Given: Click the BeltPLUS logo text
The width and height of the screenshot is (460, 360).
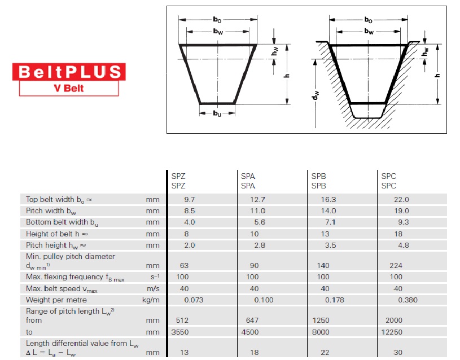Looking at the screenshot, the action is (69, 72).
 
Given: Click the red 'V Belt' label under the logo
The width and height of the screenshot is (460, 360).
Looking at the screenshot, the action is (69, 88).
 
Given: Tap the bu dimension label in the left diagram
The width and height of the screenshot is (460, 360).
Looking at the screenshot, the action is (217, 113).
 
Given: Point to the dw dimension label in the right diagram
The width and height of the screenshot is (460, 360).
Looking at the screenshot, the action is (316, 95).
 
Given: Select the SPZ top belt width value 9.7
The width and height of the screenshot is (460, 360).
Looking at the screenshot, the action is (190, 200).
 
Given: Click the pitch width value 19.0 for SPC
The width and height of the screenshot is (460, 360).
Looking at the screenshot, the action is (401, 211).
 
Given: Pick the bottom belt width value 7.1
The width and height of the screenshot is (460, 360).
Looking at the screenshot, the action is (330, 222).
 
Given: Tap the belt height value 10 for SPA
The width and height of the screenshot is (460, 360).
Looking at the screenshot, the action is (255, 234).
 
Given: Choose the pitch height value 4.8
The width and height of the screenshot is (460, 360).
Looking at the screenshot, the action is (404, 245).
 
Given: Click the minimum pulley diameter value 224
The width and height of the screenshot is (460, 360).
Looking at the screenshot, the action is (396, 266).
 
